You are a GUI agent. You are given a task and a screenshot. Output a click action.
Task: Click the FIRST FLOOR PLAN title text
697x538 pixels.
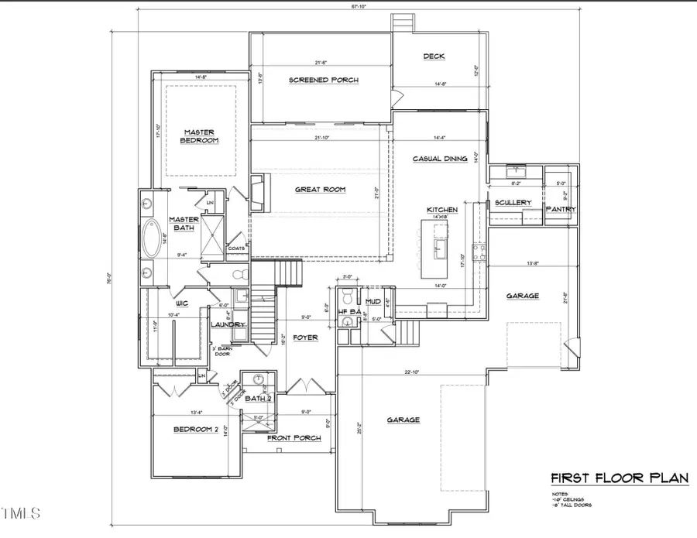pos(619,478)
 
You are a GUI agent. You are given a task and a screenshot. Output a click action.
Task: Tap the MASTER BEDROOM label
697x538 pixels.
pos(199,136)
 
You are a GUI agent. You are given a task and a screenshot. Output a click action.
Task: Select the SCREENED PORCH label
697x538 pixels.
pos(324,80)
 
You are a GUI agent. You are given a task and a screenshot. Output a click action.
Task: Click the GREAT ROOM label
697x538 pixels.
pos(320,189)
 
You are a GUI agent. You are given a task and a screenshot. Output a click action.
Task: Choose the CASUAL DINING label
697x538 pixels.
pos(439,159)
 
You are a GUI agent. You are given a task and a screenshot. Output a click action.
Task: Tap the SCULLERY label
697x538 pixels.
pos(513,203)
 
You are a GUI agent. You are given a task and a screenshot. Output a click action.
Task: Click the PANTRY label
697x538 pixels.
pos(559,209)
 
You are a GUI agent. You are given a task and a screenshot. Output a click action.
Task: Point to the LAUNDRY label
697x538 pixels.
pos(228,325)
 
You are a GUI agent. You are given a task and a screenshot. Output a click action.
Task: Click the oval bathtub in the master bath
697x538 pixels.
pos(152,238)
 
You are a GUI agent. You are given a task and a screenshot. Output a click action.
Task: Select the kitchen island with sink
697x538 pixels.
pos(434,248)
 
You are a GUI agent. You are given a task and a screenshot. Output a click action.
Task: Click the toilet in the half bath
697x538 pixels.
pos(348,296)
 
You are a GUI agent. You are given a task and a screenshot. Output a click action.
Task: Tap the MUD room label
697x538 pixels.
pos(373,301)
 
